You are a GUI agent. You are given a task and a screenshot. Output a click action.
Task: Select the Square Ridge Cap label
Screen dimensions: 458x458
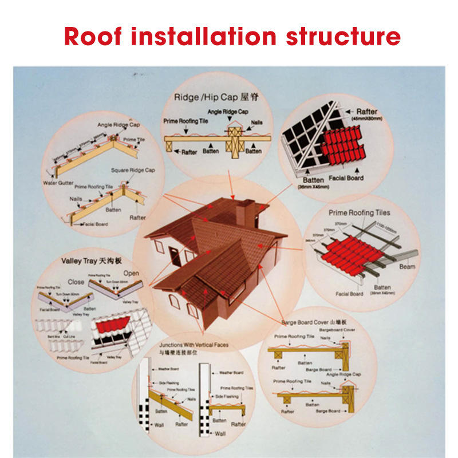[x=133, y=170]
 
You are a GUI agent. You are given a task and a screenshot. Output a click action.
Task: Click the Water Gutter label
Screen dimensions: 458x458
[x=57, y=184]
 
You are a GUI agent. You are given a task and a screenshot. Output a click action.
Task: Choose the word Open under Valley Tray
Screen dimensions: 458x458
[x=131, y=273]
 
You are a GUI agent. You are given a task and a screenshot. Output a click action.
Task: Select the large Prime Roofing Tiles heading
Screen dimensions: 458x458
[x=360, y=213]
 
